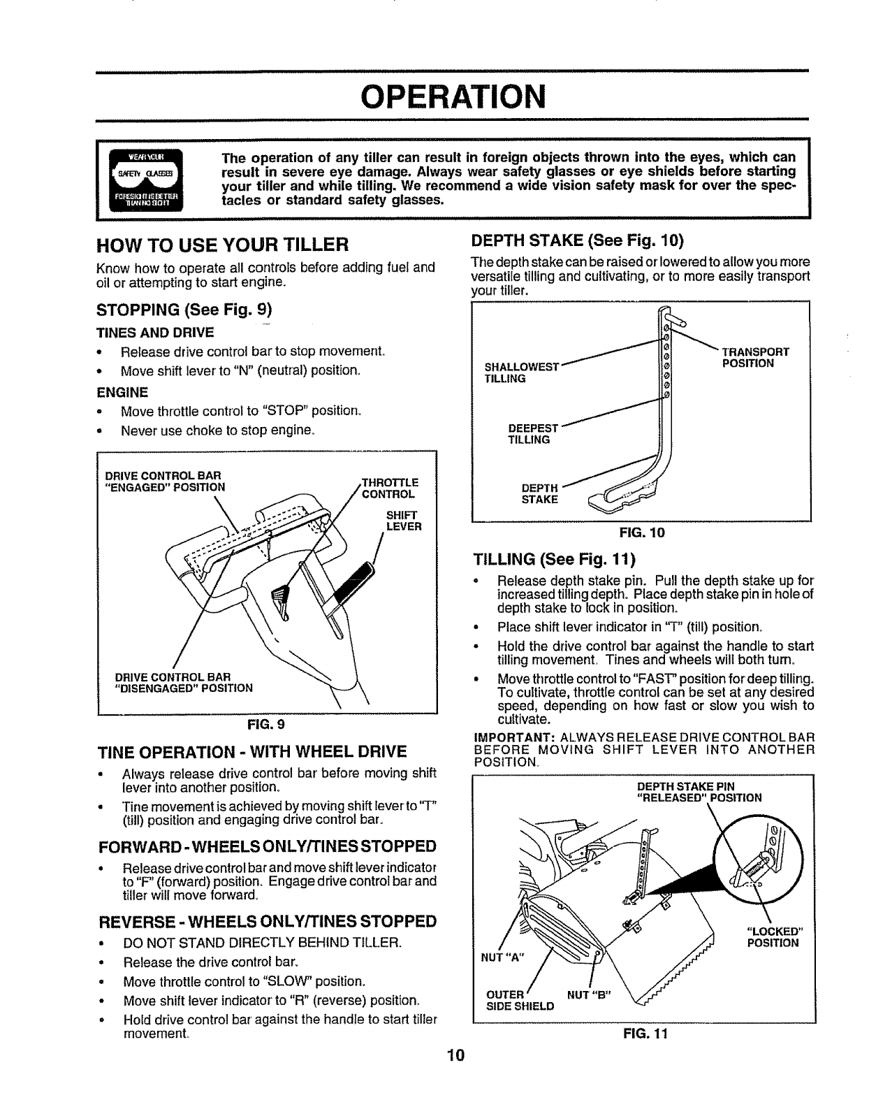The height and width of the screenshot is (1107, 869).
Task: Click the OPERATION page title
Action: point(434,96)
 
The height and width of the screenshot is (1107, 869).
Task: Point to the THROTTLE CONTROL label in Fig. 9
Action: point(390,488)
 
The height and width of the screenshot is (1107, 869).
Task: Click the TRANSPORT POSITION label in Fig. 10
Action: point(754,357)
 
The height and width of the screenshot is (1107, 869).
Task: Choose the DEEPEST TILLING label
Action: point(533,433)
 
